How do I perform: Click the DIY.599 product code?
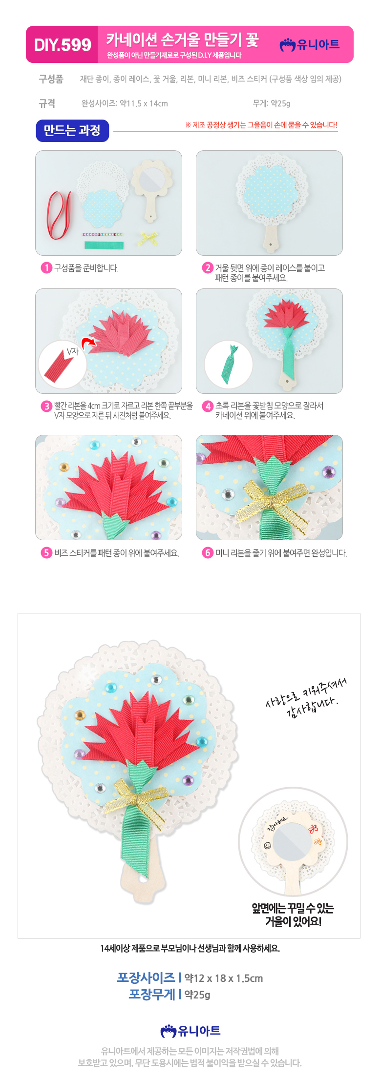63,45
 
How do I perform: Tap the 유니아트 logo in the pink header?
310,45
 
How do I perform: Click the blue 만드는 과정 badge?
72,130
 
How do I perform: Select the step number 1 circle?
46,268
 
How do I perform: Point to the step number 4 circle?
208,406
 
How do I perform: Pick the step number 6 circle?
208,553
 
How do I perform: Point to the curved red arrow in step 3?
89,343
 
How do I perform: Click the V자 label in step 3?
72,351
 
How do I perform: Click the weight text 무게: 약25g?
272,103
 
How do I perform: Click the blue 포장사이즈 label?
146,978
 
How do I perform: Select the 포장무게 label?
152,995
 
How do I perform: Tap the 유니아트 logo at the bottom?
190,1031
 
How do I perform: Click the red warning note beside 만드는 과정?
261,125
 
